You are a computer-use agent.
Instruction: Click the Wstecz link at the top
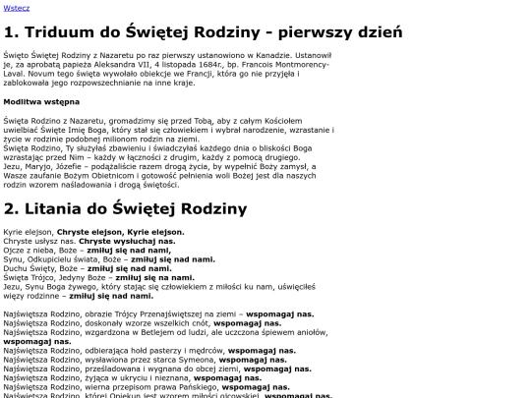17,7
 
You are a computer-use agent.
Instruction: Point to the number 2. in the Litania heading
12,208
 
